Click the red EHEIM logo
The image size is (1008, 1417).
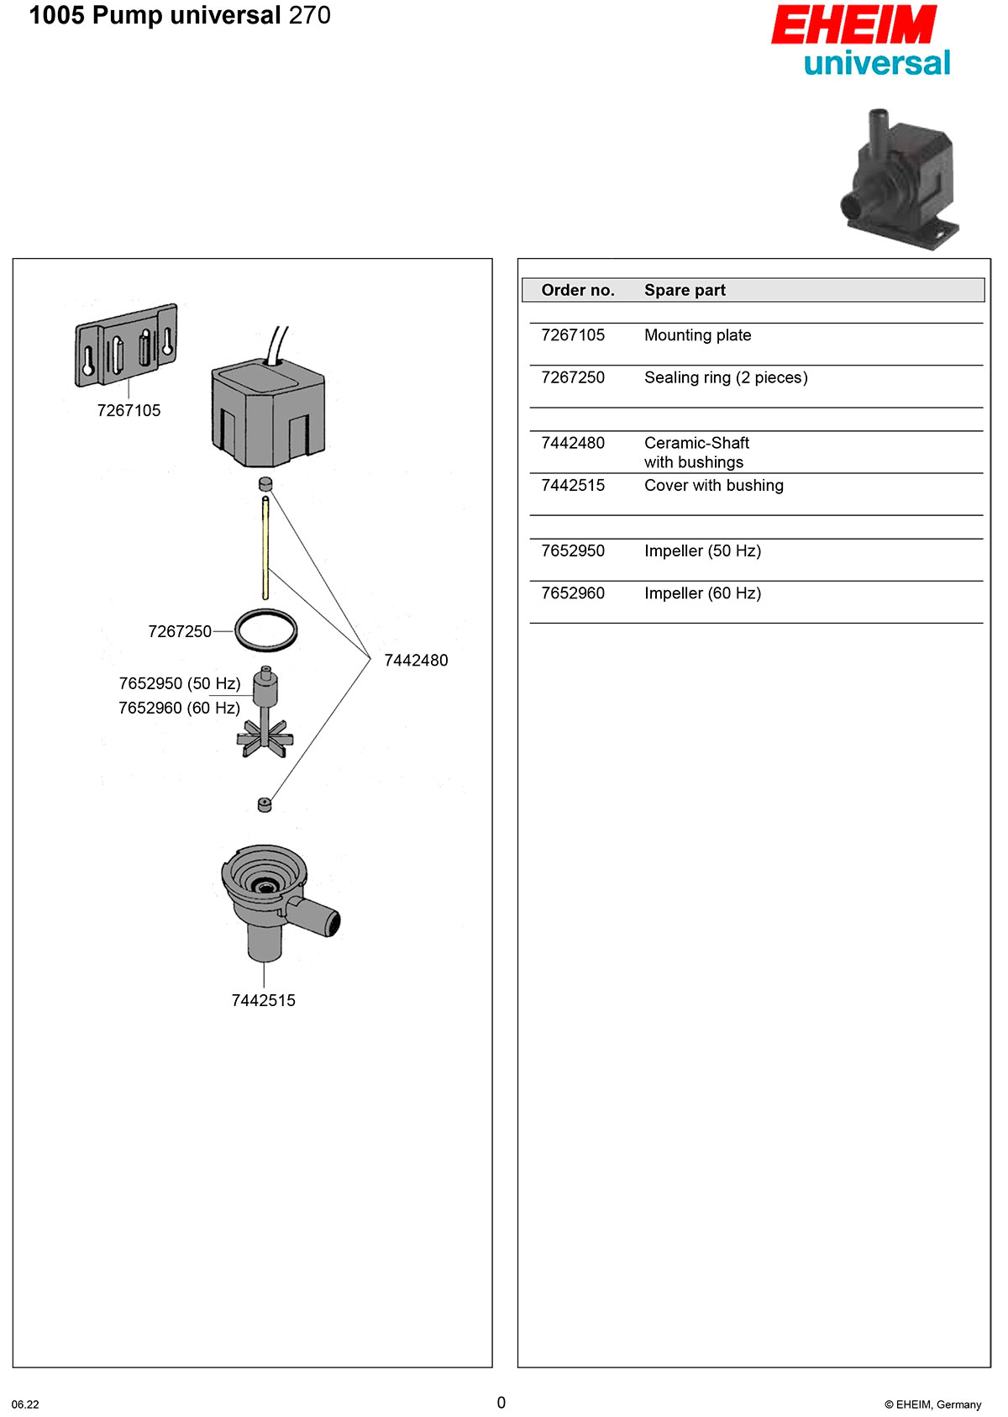[x=853, y=25]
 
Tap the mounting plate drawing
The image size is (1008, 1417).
[x=127, y=345]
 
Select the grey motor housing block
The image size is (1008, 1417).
[x=268, y=413]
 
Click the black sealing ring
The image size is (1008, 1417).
[x=266, y=629]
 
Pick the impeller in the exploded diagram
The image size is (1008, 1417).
[x=265, y=714]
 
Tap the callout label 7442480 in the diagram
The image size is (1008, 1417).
[x=416, y=661]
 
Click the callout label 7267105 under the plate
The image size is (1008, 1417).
[x=129, y=410]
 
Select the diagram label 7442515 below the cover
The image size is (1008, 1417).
[x=264, y=1000]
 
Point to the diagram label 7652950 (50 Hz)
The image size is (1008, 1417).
[x=180, y=683]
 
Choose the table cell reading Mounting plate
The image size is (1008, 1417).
[x=697, y=335]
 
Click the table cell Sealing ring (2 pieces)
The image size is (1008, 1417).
[x=726, y=377]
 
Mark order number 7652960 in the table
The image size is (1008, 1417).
[x=573, y=593]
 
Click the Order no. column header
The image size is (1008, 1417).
[x=578, y=290]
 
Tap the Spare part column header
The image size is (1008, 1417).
[x=685, y=290]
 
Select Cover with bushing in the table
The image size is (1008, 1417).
[x=713, y=486]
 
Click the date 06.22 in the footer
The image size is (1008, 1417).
[x=25, y=1404]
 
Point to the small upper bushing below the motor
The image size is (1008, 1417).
[x=265, y=484]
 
